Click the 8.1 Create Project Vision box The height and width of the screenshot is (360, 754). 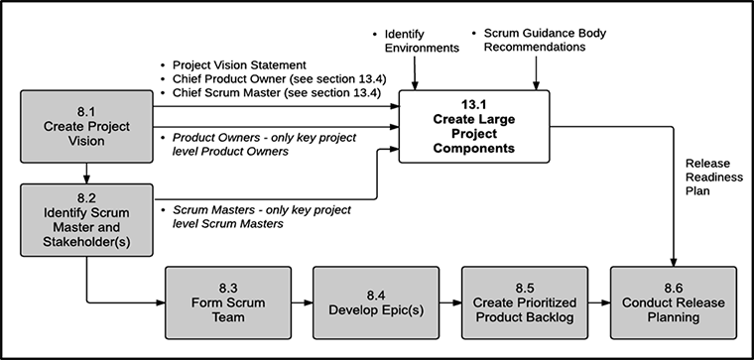tap(86, 129)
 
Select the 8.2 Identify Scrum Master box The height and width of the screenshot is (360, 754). tap(86, 218)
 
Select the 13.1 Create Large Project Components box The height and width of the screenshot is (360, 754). tap(472, 125)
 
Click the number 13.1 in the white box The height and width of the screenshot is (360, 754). tap(472, 103)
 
